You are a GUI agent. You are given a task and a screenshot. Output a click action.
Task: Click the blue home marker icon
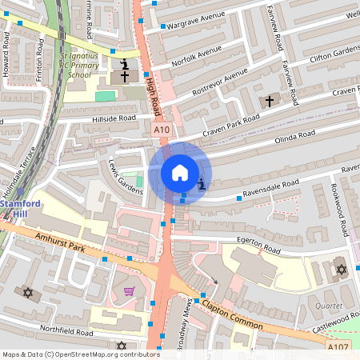[x=179, y=172]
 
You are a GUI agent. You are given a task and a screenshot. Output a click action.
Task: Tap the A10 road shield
[x=161, y=129]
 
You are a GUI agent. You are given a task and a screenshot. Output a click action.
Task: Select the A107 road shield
[x=338, y=346]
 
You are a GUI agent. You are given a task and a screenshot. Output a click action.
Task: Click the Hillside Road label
[x=114, y=118]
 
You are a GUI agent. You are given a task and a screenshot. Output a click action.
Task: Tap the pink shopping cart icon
[x=129, y=290]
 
